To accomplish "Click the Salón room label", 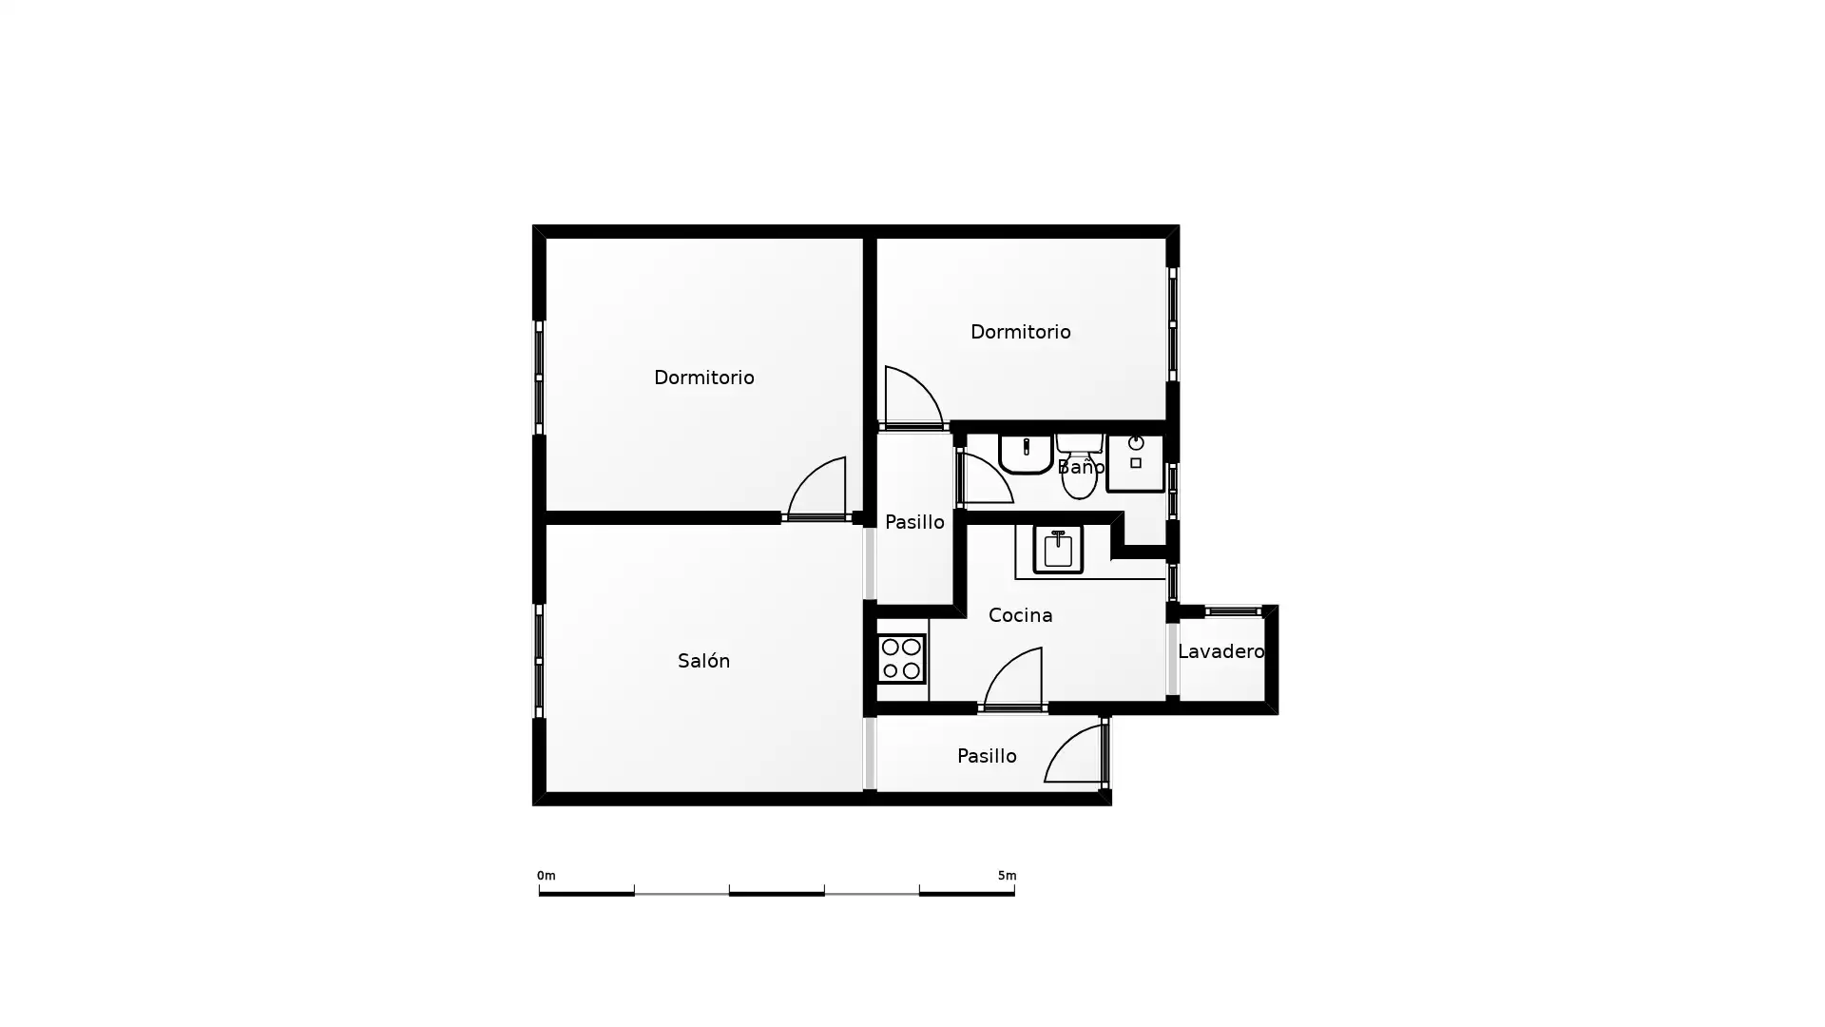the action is pyautogui.click(x=703, y=660).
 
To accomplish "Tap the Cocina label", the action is pyautogui.click(x=1020, y=615).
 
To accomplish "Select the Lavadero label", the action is pyautogui.click(x=1220, y=651).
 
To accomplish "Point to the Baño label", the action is pyautogui.click(x=1081, y=466).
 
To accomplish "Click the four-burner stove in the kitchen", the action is pyautogui.click(x=901, y=659).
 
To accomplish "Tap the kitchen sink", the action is pyautogui.click(x=1058, y=549).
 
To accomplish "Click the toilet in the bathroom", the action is pyautogui.click(x=1079, y=466).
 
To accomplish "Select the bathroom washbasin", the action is pyautogui.click(x=1026, y=454).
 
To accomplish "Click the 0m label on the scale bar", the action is pyautogui.click(x=546, y=876).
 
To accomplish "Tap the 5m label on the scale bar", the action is pyautogui.click(x=1007, y=876).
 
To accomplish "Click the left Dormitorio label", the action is pyautogui.click(x=703, y=378).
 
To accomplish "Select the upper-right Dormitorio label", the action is pyautogui.click(x=1020, y=332).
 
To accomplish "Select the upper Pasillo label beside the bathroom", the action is pyautogui.click(x=914, y=522).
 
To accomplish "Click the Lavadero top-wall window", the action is pyautogui.click(x=1233, y=611).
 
